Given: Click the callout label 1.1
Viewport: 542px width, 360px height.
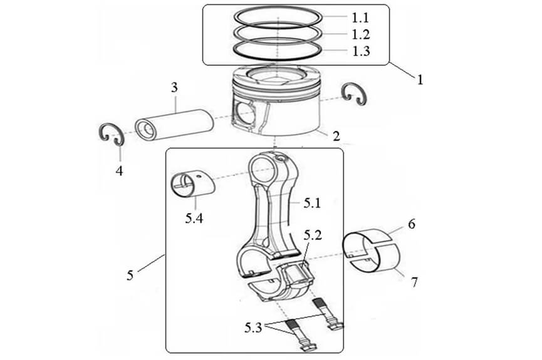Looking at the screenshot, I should point(362,17).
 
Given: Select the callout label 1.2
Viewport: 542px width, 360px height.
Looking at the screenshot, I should point(362,34).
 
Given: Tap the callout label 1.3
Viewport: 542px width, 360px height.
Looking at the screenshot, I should point(362,51).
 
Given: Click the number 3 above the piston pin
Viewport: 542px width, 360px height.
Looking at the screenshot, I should point(175,88).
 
